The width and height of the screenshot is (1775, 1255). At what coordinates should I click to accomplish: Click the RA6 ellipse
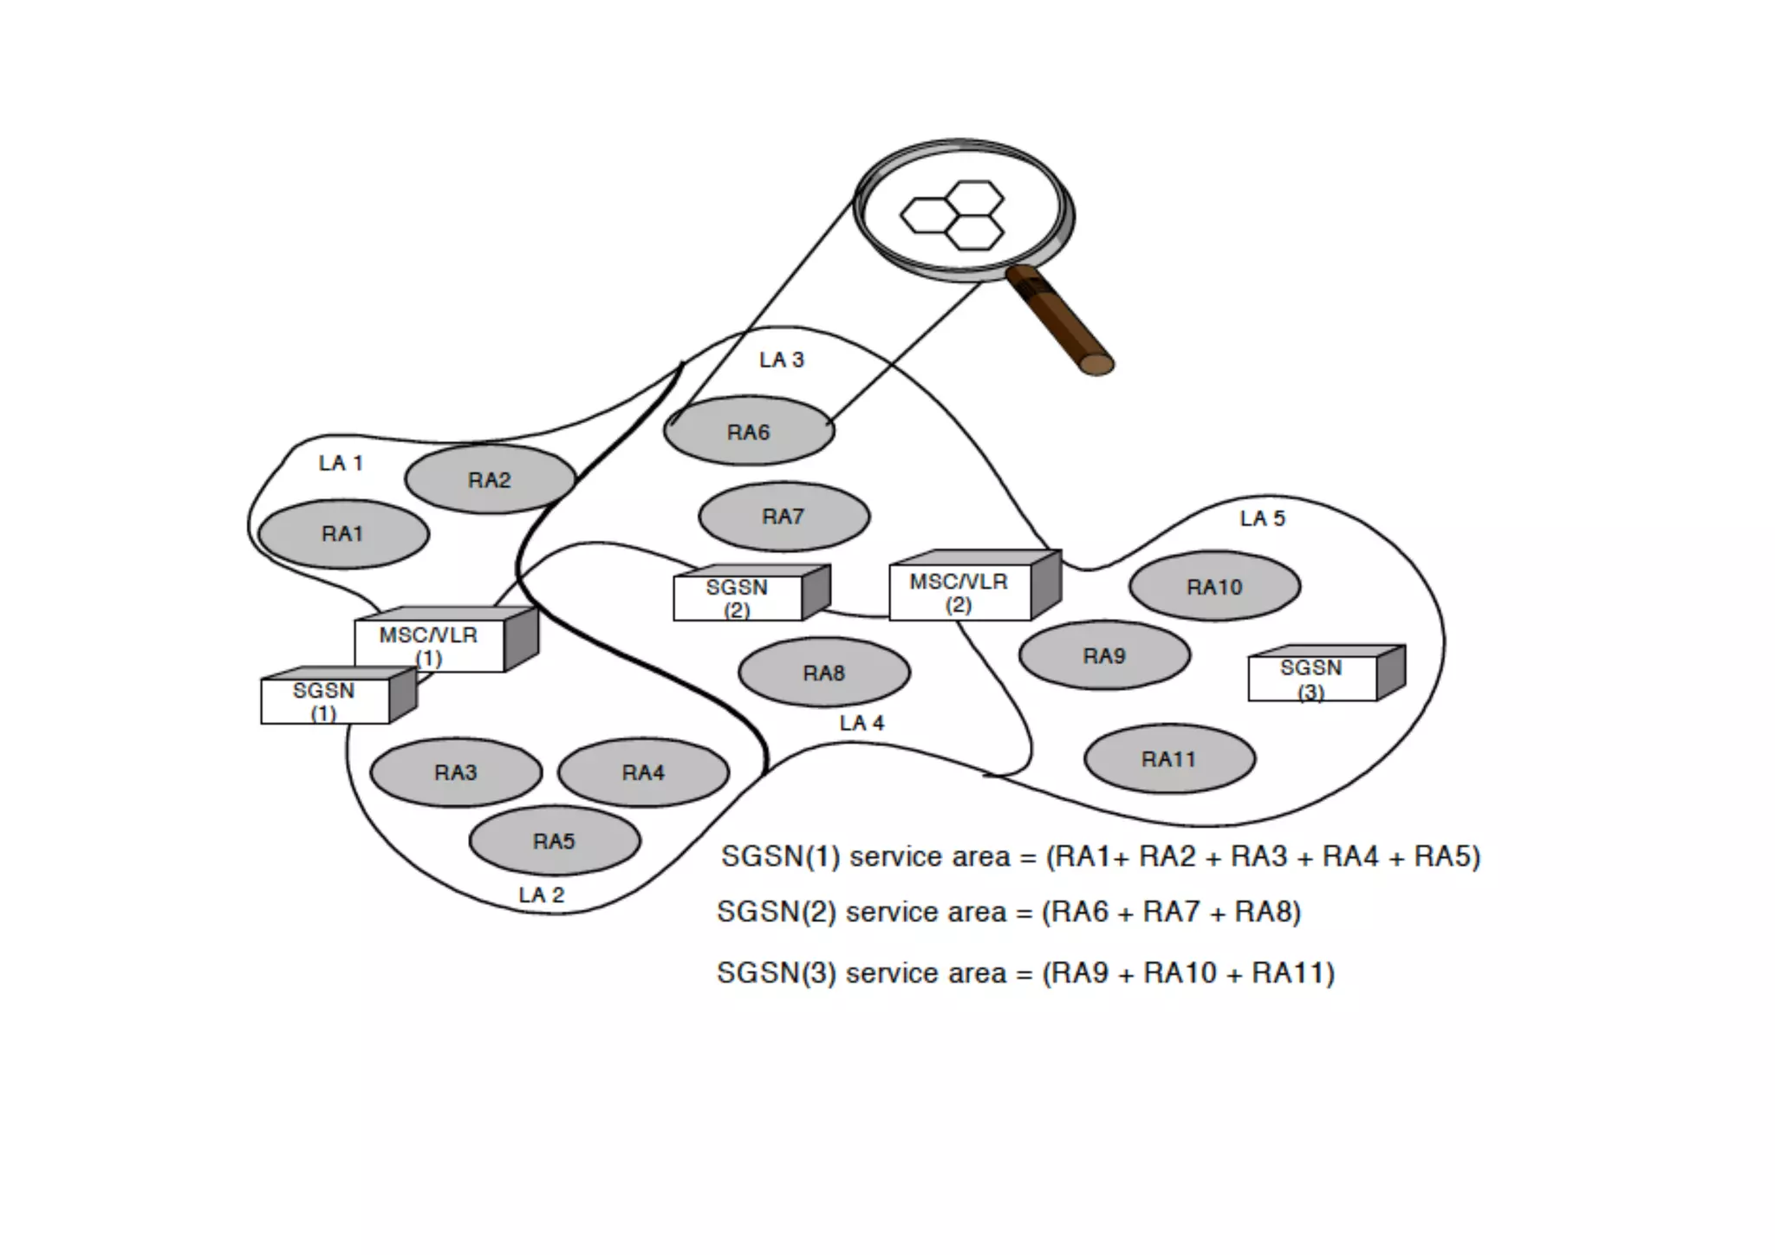point(749,431)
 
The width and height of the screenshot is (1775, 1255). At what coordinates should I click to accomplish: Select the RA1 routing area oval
point(343,533)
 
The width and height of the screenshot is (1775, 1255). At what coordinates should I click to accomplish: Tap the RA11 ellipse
point(1168,758)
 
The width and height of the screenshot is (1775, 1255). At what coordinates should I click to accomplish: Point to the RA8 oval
point(823,672)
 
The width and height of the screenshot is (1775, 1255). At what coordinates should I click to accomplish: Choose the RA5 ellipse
point(554,840)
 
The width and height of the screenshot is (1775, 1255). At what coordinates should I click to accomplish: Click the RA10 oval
point(1214,586)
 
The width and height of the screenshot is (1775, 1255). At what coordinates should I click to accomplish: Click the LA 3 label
point(782,360)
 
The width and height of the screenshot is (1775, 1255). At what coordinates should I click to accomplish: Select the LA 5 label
point(1262,518)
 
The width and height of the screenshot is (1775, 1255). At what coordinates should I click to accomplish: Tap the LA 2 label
point(541,894)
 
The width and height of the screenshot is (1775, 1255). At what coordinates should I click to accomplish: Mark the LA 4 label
point(861,723)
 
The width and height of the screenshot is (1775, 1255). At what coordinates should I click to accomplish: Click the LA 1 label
point(341,463)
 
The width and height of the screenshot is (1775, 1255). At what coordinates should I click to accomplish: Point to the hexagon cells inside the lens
point(953,215)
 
